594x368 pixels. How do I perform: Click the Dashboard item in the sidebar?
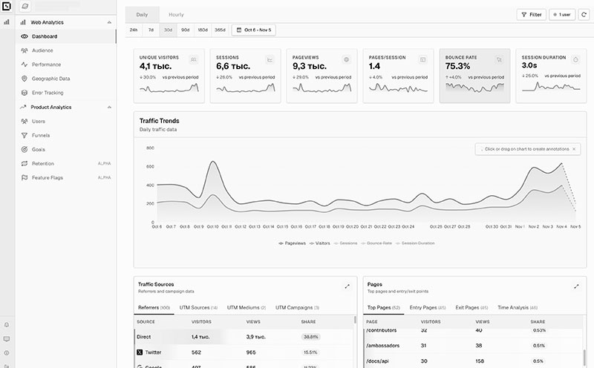tap(45, 36)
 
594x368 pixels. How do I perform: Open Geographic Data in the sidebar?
tap(50, 79)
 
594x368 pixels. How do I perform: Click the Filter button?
tap(531, 14)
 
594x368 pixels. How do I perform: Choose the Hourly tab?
tap(176, 14)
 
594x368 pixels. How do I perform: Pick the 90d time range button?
tap(185, 30)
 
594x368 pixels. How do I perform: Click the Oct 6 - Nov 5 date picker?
tap(253, 30)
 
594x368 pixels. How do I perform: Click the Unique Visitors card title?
tap(159, 57)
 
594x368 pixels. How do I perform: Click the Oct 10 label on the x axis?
tap(212, 226)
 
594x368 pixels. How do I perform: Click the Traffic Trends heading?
tap(159, 121)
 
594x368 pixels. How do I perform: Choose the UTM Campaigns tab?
tap(294, 307)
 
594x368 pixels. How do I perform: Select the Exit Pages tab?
tap(470, 307)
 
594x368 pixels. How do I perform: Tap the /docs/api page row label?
tap(379, 361)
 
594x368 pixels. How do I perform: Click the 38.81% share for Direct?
tap(310, 337)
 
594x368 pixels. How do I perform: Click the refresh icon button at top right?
tap(584, 14)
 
